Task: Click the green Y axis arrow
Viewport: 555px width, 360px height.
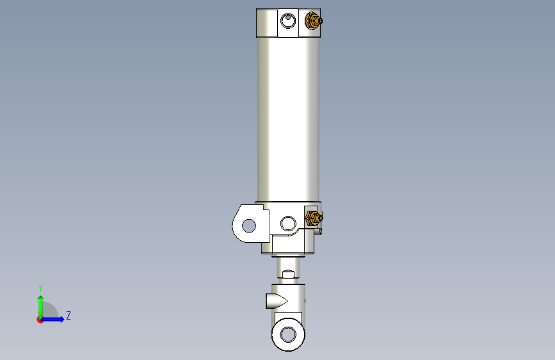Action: pyautogui.click(x=40, y=306)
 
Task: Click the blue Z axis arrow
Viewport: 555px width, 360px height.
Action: pyautogui.click(x=54, y=319)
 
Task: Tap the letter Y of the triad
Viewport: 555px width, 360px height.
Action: pyautogui.click(x=40, y=288)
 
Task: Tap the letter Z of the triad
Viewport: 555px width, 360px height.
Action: pyautogui.click(x=68, y=315)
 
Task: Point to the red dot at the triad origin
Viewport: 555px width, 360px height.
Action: pyautogui.click(x=40, y=320)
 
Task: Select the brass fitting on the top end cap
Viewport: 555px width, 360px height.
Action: pyautogui.click(x=312, y=22)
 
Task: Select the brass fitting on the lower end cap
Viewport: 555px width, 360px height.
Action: pyautogui.click(x=312, y=219)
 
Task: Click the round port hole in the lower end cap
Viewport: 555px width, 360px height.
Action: pyautogui.click(x=289, y=223)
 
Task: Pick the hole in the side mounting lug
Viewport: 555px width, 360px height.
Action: pyautogui.click(x=248, y=225)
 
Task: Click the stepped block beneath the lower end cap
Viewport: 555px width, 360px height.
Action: pyautogui.click(x=292, y=244)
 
